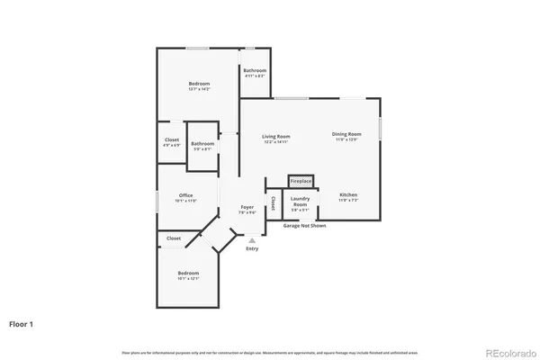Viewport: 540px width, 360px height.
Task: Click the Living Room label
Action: (276, 137)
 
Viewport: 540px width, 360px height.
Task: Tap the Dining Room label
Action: (346, 136)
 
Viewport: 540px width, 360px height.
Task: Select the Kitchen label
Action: (347, 196)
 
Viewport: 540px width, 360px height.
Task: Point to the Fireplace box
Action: (301, 181)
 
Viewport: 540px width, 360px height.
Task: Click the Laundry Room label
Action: (301, 202)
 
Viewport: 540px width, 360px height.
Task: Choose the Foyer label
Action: (246, 209)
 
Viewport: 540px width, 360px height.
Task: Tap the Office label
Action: (185, 197)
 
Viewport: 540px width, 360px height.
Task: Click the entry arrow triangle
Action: (252, 240)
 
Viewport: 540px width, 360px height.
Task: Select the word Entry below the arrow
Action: (252, 248)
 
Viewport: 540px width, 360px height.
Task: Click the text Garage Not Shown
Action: (304, 225)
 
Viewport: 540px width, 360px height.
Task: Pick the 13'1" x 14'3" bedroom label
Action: (199, 85)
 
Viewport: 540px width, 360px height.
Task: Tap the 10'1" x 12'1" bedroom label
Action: (188, 274)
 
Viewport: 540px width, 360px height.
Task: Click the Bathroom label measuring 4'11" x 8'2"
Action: (255, 72)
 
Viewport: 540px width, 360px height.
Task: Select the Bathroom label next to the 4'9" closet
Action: (202, 145)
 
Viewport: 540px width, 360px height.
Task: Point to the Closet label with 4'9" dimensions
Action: (171, 141)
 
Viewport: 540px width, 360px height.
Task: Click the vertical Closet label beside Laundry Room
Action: (273, 203)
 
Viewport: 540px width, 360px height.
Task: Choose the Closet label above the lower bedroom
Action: (174, 238)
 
